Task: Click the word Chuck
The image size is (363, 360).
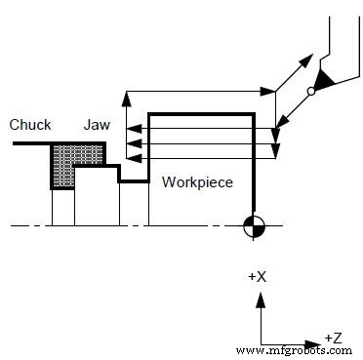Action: point(29,125)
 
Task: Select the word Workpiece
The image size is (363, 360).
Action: point(197,181)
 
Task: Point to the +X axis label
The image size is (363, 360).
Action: point(258,277)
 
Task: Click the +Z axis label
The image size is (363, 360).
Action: point(333,337)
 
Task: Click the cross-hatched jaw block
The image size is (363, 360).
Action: point(77,160)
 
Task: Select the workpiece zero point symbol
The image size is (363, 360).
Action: point(255,226)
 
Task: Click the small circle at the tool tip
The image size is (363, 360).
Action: point(311,91)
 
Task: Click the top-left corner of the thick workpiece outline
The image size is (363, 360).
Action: point(148,113)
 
